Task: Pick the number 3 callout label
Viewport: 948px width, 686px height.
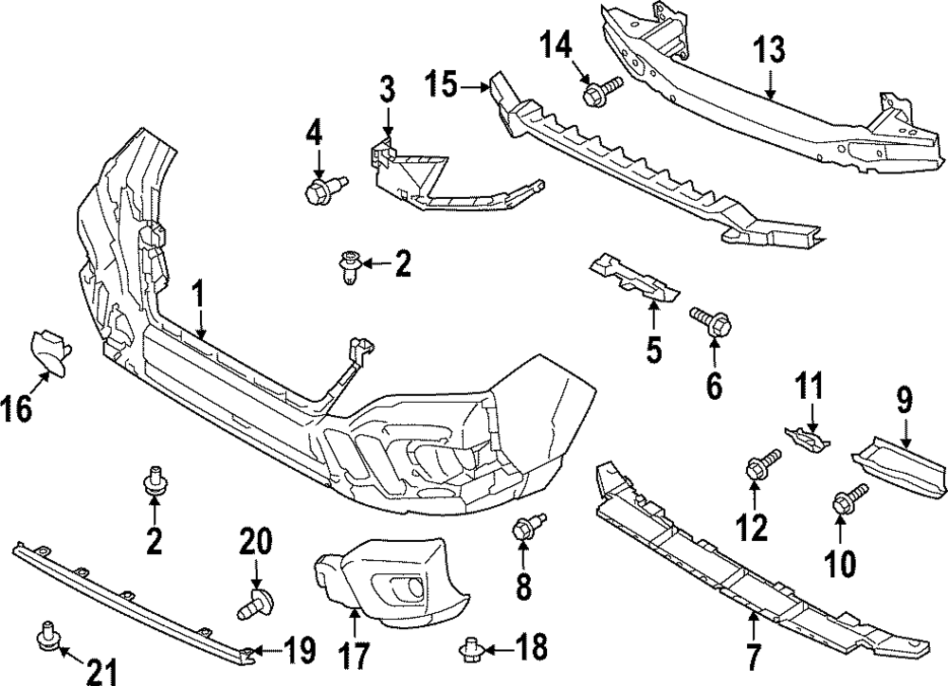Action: tap(387, 91)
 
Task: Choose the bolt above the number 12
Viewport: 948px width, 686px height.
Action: tap(762, 465)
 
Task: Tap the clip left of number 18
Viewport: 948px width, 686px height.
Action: tap(472, 648)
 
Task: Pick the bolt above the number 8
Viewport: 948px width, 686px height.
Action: tap(526, 527)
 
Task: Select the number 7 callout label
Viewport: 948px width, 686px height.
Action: tap(755, 654)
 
